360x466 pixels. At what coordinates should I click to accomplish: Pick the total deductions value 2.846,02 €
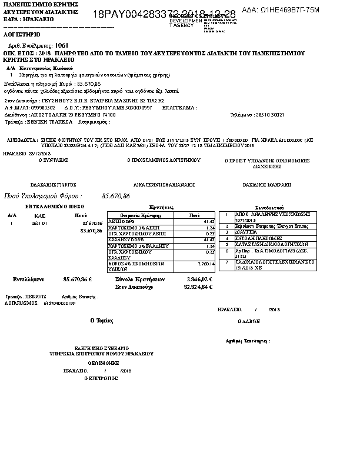(x=199, y=279)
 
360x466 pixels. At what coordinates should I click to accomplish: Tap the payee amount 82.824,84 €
(x=199, y=287)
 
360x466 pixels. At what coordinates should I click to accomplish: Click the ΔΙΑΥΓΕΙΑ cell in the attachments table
(x=244, y=232)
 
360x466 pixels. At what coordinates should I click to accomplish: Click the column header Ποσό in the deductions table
(x=194, y=215)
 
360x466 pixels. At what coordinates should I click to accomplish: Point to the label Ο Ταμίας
(x=101, y=321)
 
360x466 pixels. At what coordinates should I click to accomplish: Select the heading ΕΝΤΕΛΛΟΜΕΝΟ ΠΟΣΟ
(x=56, y=207)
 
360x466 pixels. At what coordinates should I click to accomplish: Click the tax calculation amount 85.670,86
(x=116, y=195)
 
